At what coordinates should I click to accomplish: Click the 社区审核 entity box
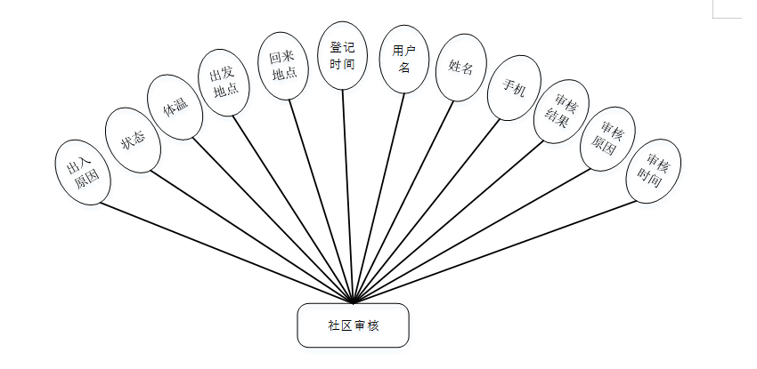(353, 325)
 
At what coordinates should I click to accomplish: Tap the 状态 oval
(133, 139)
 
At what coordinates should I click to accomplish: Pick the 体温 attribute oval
(175, 107)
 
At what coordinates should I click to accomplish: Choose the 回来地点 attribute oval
(284, 65)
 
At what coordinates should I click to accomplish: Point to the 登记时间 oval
(343, 56)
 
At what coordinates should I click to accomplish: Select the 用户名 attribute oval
(403, 60)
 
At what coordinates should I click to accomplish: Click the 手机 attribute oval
(513, 89)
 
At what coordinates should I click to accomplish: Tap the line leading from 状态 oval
(249, 236)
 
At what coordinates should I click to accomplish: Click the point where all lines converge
(354, 301)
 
